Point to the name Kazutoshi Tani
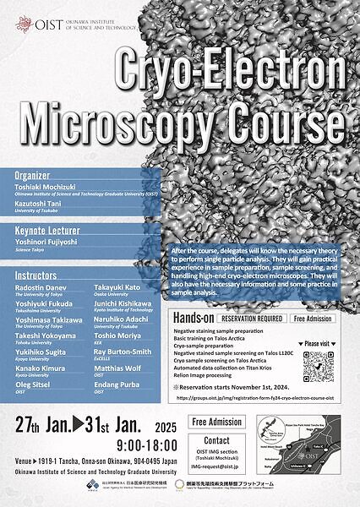coord(41,204)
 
